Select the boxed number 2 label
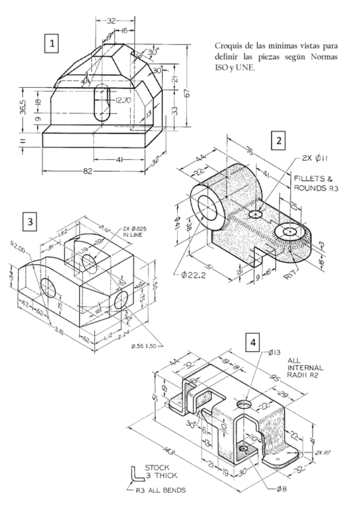click(x=278, y=141)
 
